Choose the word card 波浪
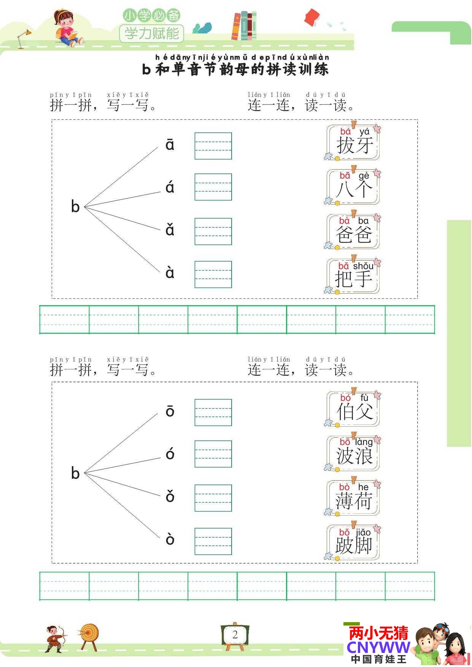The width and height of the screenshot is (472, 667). tap(353, 453)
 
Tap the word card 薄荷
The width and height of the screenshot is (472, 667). tap(353, 498)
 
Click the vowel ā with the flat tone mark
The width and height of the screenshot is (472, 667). tap(170, 145)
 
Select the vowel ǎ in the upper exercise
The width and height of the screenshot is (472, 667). tap(170, 230)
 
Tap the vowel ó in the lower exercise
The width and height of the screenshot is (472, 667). tap(170, 454)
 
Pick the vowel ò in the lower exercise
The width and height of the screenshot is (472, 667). tap(170, 539)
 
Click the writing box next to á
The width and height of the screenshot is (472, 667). tap(213, 187)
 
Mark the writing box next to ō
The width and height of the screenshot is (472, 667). tap(213, 413)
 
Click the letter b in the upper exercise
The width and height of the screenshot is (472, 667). tap(75, 206)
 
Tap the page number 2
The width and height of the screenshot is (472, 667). tap(235, 634)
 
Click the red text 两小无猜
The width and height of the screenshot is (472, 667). tap(378, 633)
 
